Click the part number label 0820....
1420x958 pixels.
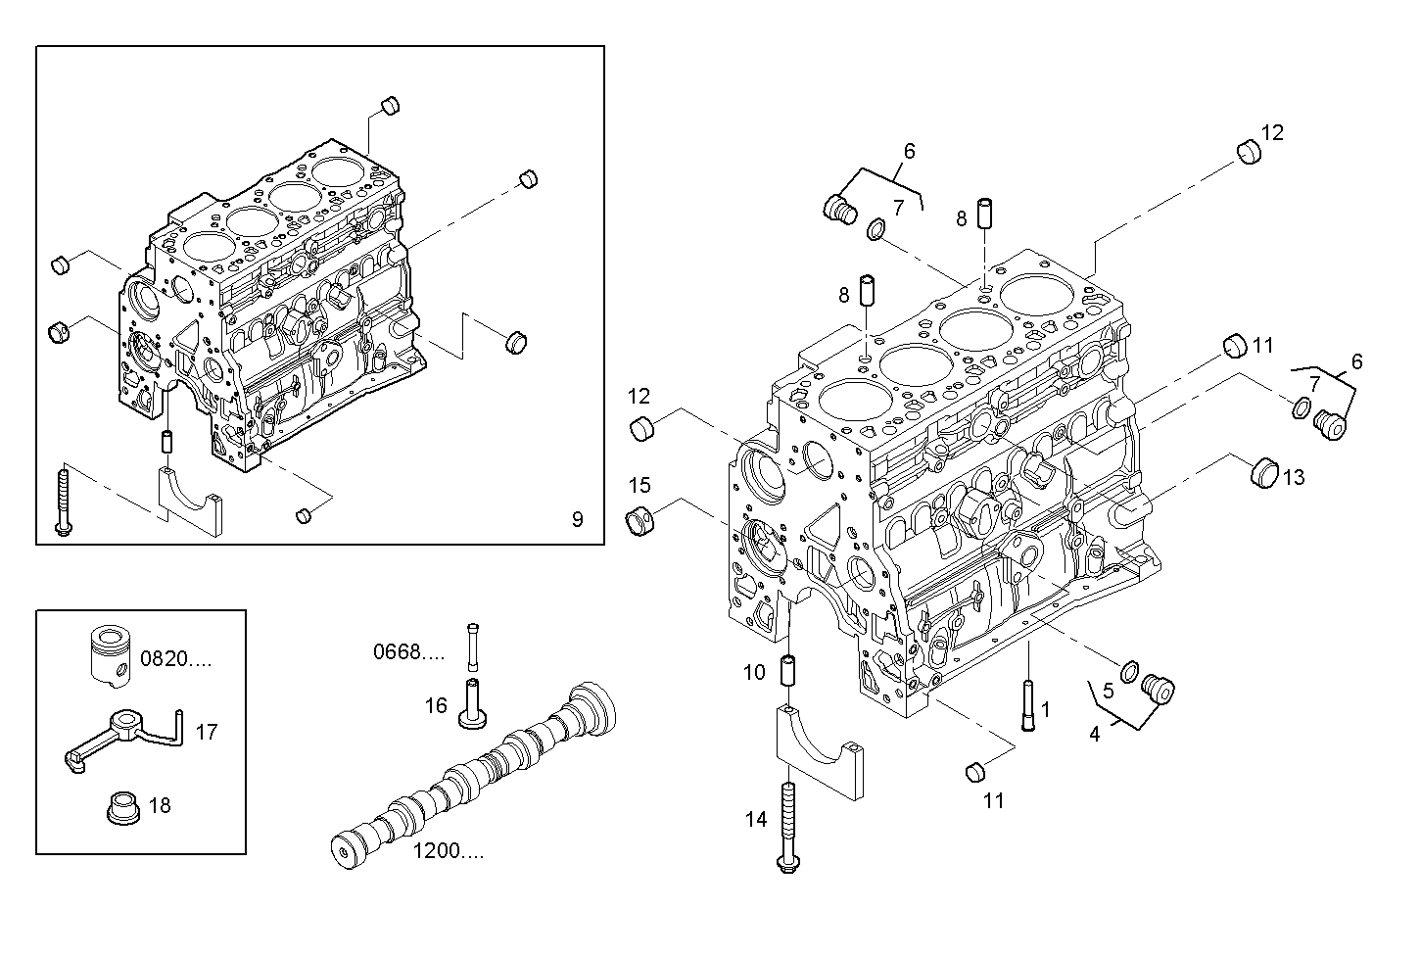click(x=175, y=658)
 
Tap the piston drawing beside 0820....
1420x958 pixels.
click(x=112, y=657)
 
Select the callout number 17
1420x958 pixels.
click(x=207, y=733)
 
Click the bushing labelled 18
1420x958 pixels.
click(x=123, y=808)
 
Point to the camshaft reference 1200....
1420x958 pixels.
click(x=449, y=851)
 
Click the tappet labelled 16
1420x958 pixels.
click(x=472, y=703)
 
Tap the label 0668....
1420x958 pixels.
click(x=409, y=651)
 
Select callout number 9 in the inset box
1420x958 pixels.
click(x=577, y=519)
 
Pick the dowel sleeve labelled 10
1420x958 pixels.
click(x=788, y=669)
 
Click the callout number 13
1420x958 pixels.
click(x=1294, y=477)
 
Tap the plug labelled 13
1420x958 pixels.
click(x=1264, y=473)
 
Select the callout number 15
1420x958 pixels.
click(x=639, y=485)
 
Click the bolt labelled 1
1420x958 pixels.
click(x=1028, y=705)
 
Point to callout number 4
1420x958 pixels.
click(x=1095, y=735)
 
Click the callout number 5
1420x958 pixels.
click(x=1109, y=691)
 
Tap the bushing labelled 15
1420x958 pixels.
click(x=639, y=521)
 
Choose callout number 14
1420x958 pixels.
click(x=756, y=820)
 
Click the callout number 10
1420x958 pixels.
click(x=754, y=672)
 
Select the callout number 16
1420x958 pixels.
click(x=436, y=705)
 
